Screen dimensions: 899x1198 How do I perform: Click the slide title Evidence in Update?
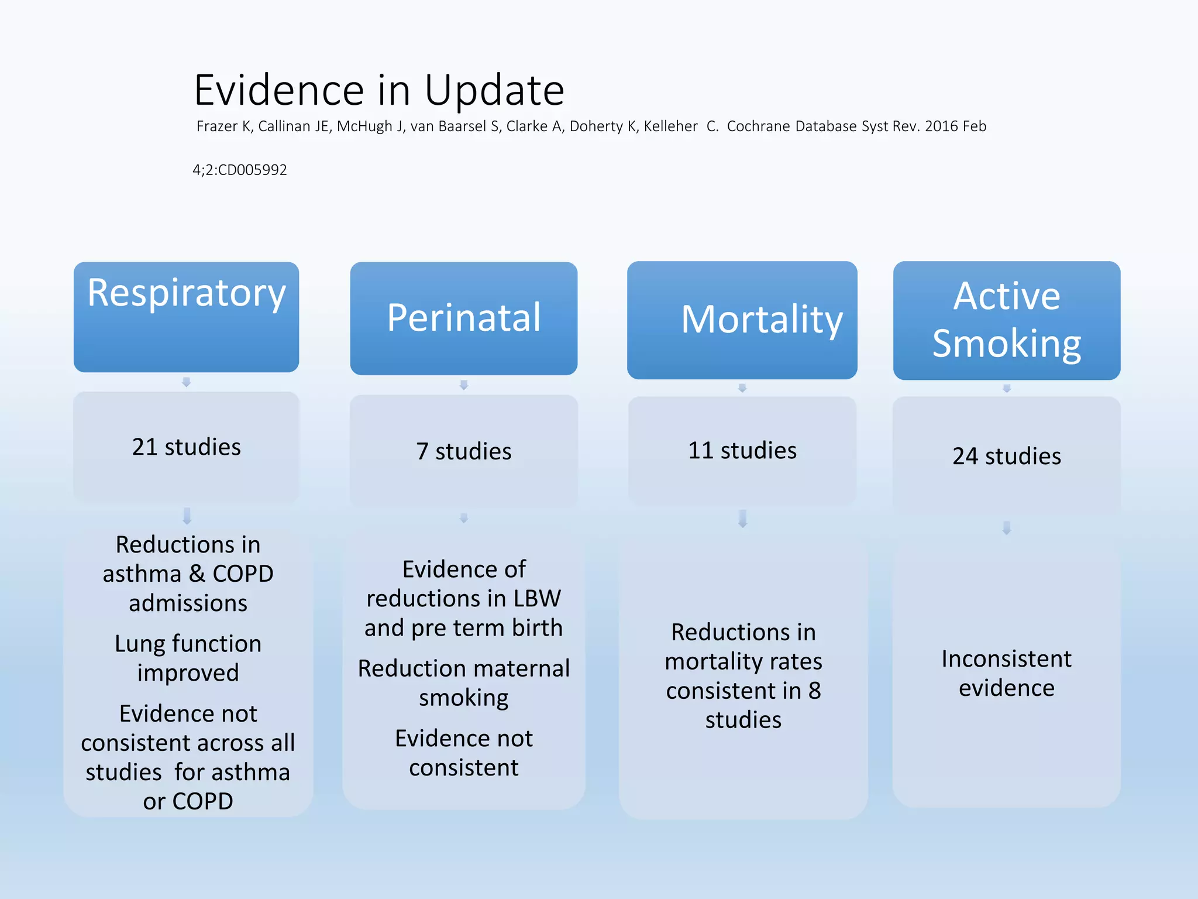click(x=379, y=90)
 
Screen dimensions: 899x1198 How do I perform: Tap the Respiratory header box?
click(x=186, y=316)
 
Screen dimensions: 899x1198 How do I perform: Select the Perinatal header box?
click(x=463, y=318)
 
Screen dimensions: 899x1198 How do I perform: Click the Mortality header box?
click(x=742, y=320)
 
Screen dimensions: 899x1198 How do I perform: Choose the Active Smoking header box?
click(x=1006, y=320)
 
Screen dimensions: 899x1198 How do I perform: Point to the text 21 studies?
click(x=186, y=447)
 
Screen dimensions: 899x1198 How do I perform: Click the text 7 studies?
click(x=463, y=451)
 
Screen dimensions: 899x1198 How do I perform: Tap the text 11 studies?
click(x=742, y=451)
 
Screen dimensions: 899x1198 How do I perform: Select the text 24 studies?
click(x=1006, y=456)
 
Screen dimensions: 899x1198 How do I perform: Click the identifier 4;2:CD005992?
click(x=240, y=170)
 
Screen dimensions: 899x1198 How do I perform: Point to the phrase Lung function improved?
click(x=188, y=658)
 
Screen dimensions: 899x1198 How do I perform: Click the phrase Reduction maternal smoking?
click(x=463, y=682)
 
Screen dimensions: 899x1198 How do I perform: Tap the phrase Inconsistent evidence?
click(x=1006, y=673)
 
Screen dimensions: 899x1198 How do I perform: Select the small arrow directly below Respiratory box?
click(x=186, y=382)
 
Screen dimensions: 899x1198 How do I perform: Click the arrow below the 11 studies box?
click(x=742, y=519)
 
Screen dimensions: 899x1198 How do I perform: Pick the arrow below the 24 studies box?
click(x=1006, y=528)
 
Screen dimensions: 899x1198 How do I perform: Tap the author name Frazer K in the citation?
click(x=224, y=126)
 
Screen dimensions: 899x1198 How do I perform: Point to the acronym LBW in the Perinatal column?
click(x=537, y=598)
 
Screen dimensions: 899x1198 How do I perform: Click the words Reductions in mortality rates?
click(x=743, y=647)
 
